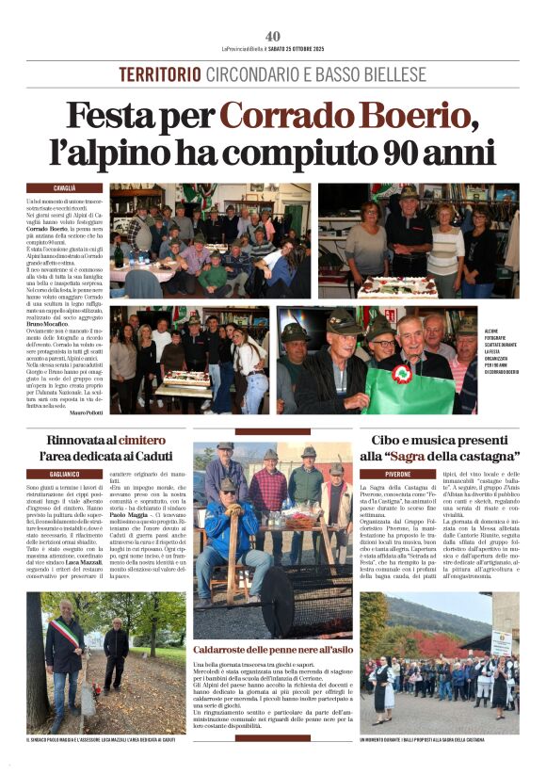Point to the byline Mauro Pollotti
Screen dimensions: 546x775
click(x=86, y=412)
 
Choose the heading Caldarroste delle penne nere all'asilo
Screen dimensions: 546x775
click(x=271, y=651)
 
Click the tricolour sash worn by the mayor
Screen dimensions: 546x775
click(x=63, y=632)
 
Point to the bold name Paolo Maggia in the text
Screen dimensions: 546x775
click(x=134, y=516)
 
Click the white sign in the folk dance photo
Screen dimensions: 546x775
click(x=501, y=642)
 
